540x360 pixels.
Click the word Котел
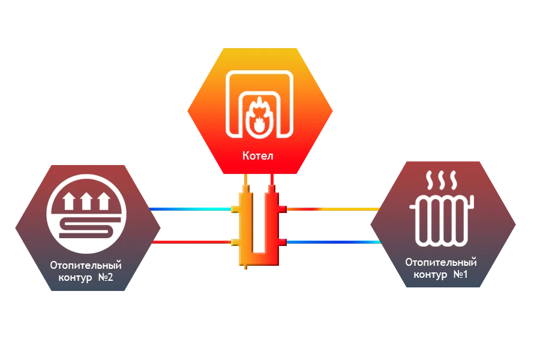(x=258, y=156)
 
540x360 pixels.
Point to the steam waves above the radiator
(x=440, y=179)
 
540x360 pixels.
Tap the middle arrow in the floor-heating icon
(x=88, y=200)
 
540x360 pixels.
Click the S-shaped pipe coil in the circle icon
(x=88, y=227)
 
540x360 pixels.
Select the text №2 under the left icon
(x=103, y=278)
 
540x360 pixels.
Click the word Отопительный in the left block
(x=86, y=265)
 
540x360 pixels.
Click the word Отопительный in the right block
(x=441, y=262)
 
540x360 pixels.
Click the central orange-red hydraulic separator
(x=259, y=225)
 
